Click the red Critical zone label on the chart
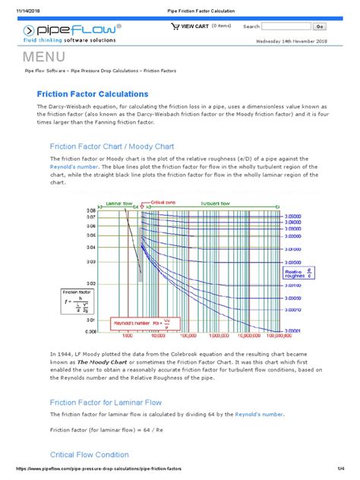pyautogui.click(x=163, y=204)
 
